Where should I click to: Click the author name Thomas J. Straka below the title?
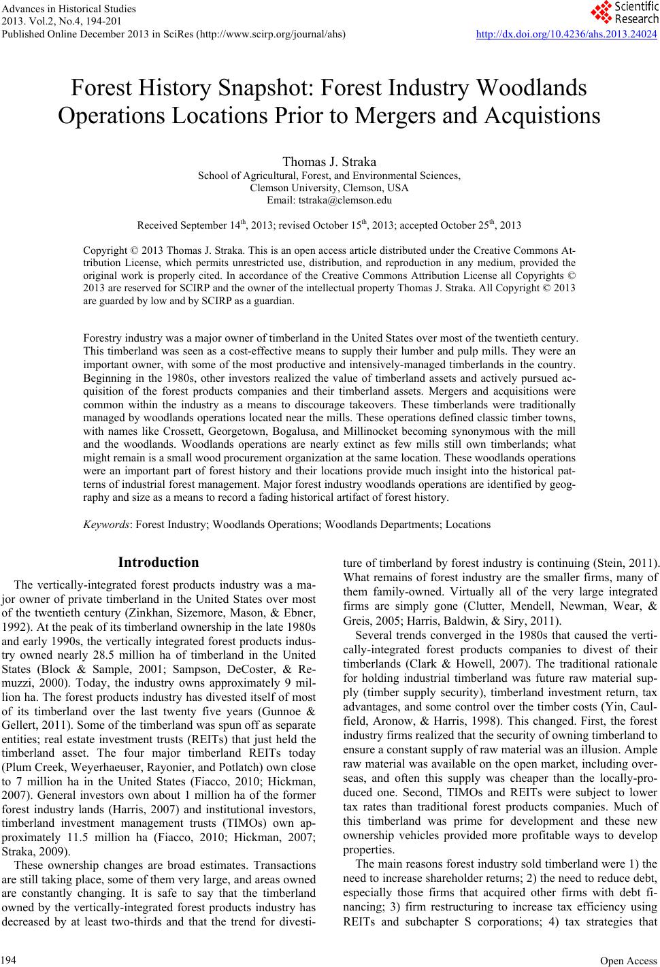point(329,162)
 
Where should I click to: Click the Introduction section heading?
point(159,563)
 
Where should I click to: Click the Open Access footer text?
point(633,960)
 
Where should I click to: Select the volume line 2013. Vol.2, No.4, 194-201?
point(54,22)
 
